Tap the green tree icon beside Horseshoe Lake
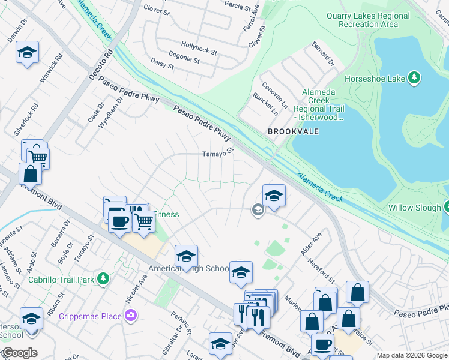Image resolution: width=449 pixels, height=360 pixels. pos(414,78)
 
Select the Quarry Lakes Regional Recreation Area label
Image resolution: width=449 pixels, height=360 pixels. pos(368,20)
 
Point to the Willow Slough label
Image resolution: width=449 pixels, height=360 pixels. pos(409,208)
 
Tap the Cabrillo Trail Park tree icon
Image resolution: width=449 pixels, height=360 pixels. pos(103,279)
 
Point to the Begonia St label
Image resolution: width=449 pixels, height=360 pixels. pos(183,59)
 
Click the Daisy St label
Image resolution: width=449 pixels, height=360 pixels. pos(158,63)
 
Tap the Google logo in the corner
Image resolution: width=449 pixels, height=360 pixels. pos(19,353)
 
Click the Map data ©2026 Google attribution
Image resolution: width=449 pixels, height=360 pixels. pos(412,356)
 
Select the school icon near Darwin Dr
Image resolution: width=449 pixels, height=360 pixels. pos(27,52)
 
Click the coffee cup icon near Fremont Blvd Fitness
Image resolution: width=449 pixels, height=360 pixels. pos(119,221)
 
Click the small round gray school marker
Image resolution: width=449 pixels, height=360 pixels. pos(258,209)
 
